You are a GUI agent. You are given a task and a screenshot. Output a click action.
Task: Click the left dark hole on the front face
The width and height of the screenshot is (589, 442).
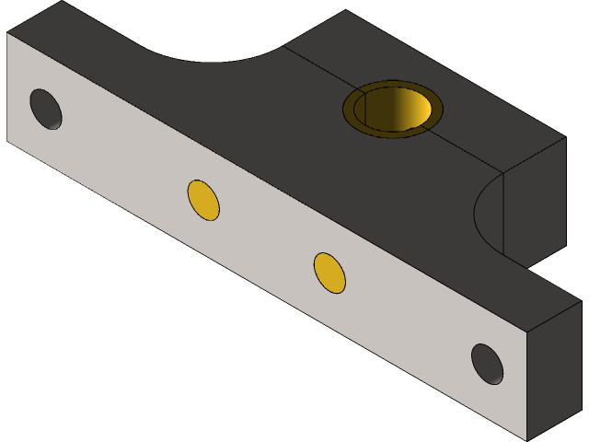(46, 109)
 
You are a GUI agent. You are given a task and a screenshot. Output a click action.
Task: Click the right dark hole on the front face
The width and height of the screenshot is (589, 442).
(487, 364)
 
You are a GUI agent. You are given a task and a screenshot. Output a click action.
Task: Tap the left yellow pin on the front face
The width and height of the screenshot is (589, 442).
(203, 200)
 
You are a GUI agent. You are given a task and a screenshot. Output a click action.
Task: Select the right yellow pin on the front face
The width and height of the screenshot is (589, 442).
(329, 273)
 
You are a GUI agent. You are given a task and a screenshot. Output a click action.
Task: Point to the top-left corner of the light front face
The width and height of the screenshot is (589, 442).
(7, 34)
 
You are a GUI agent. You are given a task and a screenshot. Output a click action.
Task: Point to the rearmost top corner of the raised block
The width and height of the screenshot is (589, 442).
(346, 11)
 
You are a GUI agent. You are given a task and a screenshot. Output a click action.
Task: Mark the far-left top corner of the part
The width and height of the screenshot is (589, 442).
(61, 2)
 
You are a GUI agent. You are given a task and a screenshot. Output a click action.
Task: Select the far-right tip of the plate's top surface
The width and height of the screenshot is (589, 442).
(582, 300)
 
